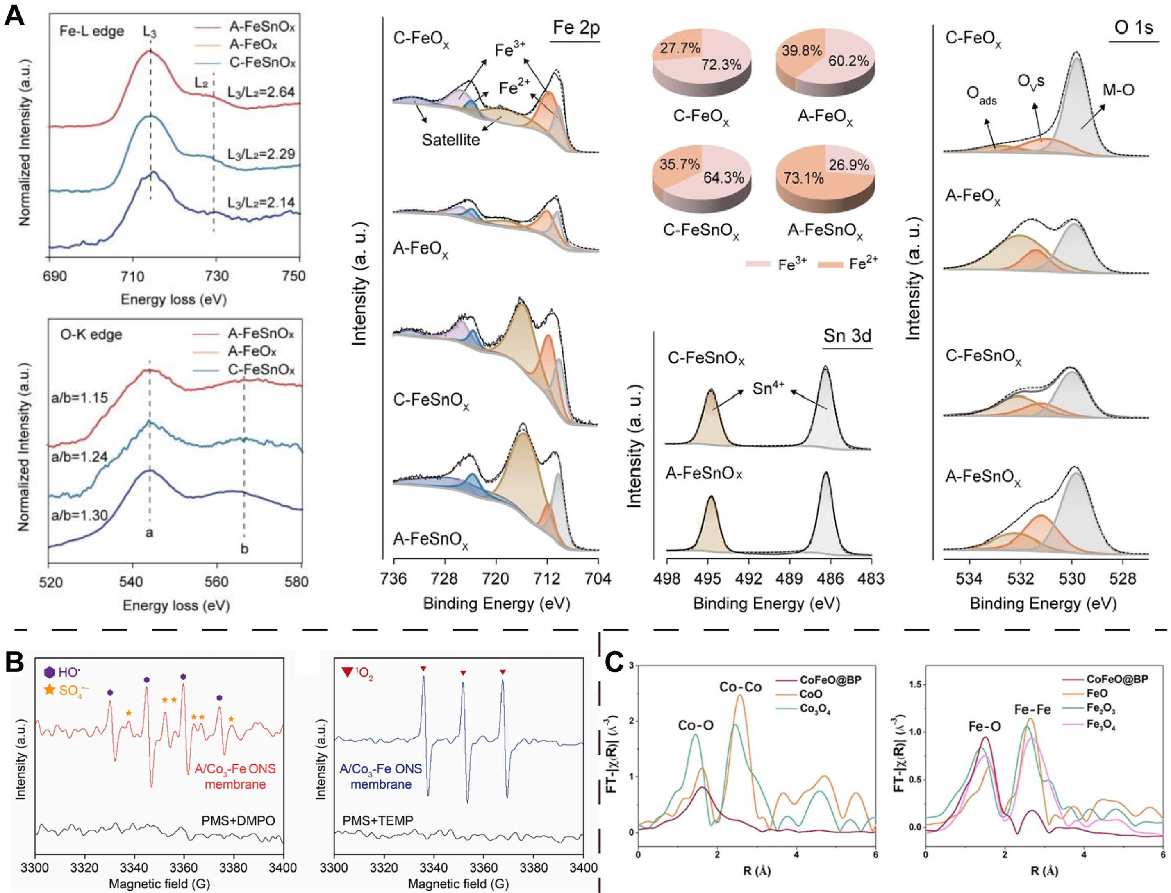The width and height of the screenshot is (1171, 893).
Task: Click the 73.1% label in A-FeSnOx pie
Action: coord(803,177)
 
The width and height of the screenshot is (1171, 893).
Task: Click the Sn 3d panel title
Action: coord(847,335)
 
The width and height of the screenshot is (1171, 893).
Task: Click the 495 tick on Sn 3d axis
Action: coord(707,578)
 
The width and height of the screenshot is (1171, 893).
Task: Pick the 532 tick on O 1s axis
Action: coord(1021,578)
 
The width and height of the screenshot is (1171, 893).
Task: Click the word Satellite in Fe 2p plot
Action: coord(451,140)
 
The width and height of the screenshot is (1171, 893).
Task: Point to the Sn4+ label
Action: coord(769,389)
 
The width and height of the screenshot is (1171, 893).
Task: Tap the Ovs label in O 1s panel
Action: coord(1030,82)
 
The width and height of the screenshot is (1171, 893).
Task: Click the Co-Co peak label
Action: coord(740,687)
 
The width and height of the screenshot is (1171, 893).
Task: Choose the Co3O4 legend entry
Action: coord(815,709)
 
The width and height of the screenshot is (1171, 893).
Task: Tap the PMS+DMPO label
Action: coord(238,821)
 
